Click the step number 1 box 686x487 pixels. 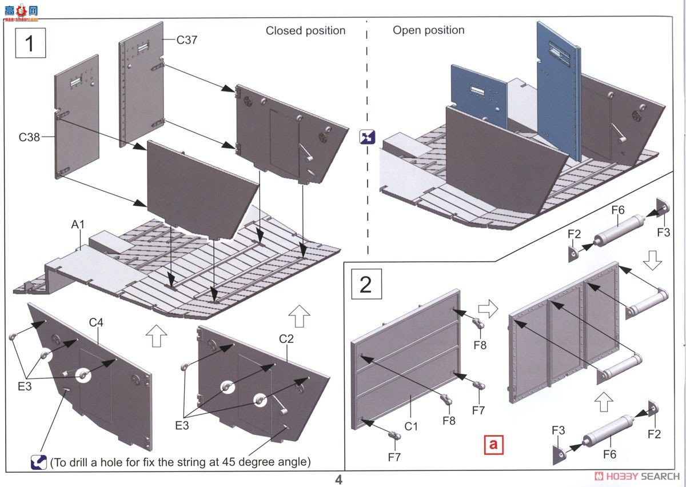click(x=31, y=43)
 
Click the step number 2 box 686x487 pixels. click(x=366, y=284)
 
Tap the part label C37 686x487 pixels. click(x=187, y=40)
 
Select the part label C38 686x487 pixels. click(x=29, y=137)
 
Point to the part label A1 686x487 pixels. click(x=78, y=225)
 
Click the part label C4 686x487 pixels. click(x=96, y=322)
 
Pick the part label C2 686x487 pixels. click(x=286, y=339)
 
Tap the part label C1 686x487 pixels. click(x=411, y=426)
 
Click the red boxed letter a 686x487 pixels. click(x=493, y=445)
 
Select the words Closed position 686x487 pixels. click(x=305, y=31)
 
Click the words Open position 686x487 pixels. click(x=428, y=30)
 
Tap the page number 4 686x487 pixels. click(x=338, y=480)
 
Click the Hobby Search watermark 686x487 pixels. click(x=636, y=477)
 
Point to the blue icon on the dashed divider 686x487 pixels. click(x=367, y=137)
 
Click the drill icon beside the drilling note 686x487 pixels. click(x=39, y=462)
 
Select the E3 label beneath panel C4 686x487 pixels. click(x=25, y=386)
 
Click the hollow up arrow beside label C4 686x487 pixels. click(x=156, y=336)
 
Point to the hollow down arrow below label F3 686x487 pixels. click(x=652, y=260)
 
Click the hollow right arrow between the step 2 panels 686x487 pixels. click(x=488, y=309)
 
